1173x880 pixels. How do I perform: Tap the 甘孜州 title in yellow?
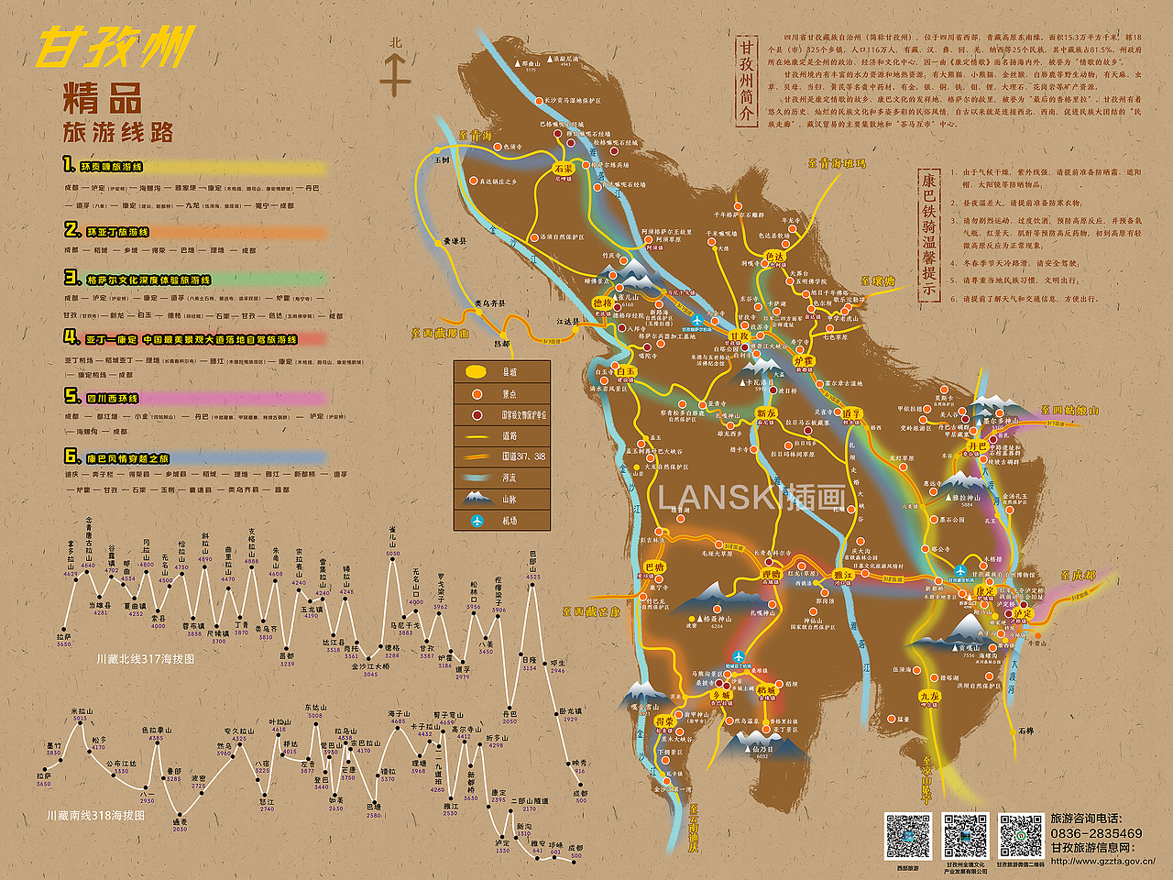(115, 47)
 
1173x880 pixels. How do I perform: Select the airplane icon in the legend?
(477, 521)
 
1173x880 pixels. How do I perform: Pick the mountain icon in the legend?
(477, 499)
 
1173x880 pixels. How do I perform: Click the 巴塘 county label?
(653, 567)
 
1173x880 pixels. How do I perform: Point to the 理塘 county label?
(772, 575)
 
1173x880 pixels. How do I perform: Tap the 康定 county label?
(984, 591)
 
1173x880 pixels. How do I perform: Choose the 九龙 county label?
(929, 697)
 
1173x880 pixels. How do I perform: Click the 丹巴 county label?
(978, 446)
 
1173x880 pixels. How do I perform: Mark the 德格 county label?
(602, 303)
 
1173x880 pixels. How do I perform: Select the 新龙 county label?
(766, 414)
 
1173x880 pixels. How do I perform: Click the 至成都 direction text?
(1078, 576)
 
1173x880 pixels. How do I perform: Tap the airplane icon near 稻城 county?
(738, 656)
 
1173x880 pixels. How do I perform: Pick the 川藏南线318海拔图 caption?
(95, 815)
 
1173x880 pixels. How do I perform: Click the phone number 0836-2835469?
(1096, 833)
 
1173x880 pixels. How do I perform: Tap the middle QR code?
(966, 835)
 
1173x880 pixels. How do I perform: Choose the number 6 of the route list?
(71, 456)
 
